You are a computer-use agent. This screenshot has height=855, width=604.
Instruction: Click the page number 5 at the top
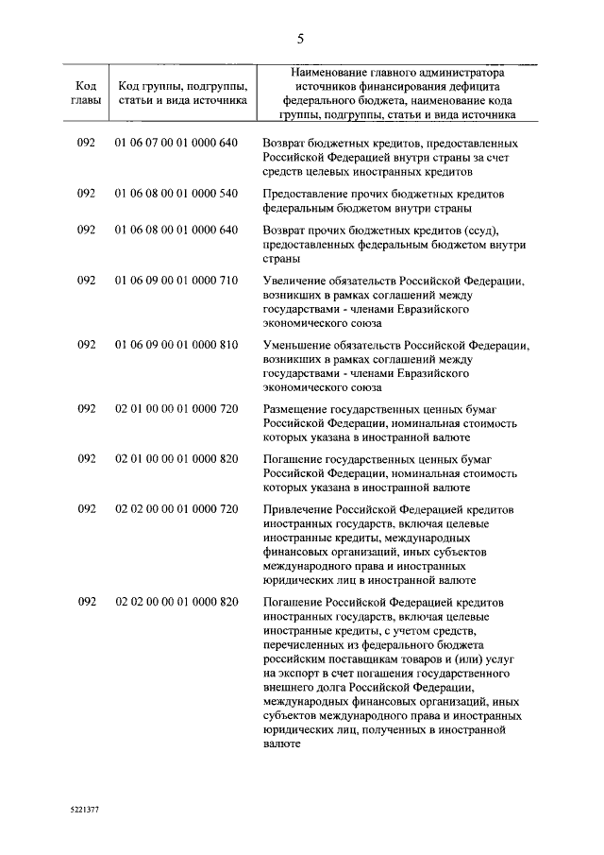pos(300,39)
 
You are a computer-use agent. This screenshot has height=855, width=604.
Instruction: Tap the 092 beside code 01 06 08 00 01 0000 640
pos(87,230)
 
